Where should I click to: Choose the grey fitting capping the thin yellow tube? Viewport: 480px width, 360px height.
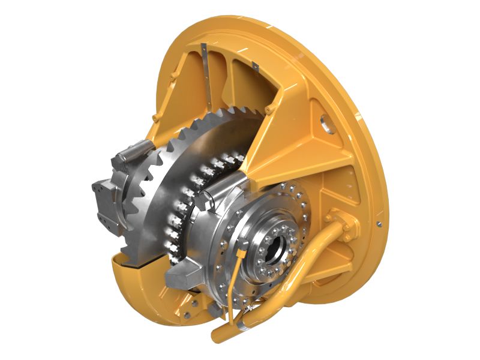pos(242,244)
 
